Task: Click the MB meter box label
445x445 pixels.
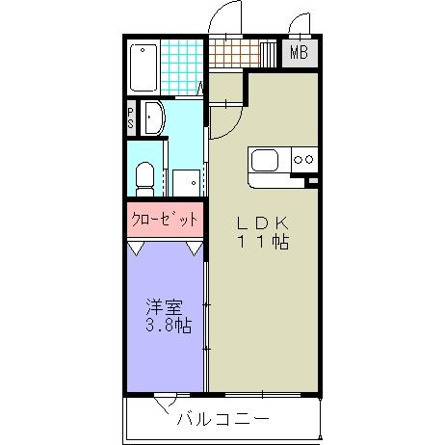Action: (x=299, y=53)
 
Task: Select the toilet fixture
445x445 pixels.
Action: (x=144, y=177)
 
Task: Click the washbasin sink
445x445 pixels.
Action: (x=154, y=118)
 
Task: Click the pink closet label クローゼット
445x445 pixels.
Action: (x=165, y=219)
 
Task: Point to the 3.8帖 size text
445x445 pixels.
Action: (x=169, y=326)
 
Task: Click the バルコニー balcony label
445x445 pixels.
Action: (x=222, y=420)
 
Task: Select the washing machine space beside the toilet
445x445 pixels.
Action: (x=186, y=181)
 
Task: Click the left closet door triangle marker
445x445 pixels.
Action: (x=137, y=249)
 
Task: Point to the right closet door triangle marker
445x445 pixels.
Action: (x=196, y=249)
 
